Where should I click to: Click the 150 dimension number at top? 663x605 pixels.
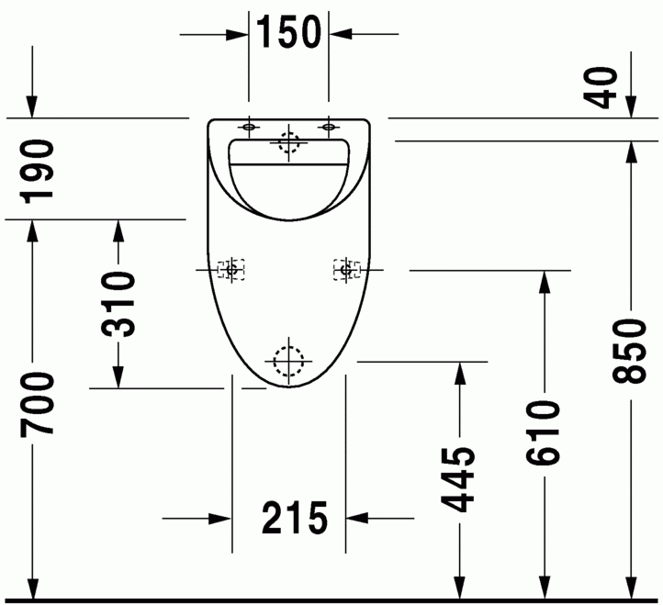tap(288, 32)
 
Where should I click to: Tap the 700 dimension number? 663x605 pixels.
tap(38, 404)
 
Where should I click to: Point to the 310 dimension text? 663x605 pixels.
tap(118, 305)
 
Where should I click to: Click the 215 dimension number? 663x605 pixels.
tap(295, 518)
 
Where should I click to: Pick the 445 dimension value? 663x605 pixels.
tap(458, 479)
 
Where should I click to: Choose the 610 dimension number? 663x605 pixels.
tap(543, 433)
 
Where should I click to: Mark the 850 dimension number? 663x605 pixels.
tap(630, 352)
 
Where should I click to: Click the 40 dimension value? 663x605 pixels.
tap(601, 87)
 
